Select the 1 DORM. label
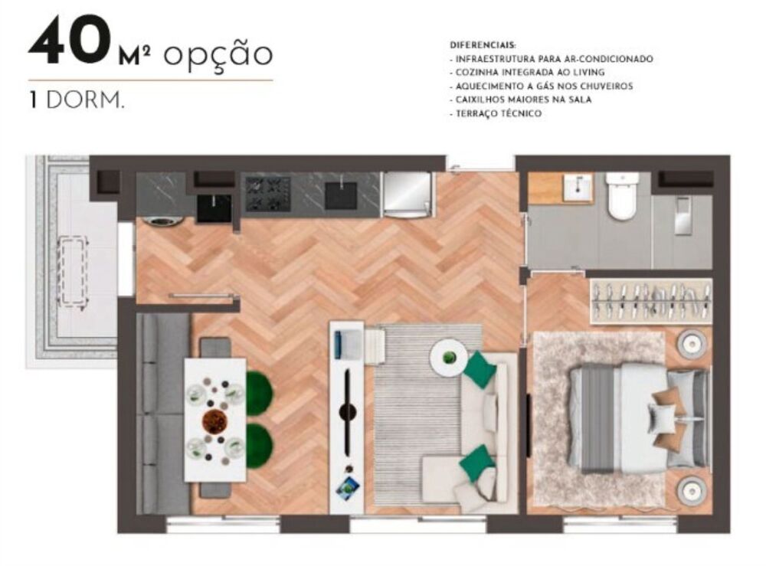pos(75,101)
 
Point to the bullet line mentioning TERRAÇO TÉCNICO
pos(497,113)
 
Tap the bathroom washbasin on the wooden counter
pos(578,186)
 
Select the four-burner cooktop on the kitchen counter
pos(267,194)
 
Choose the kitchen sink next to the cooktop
pos(341,195)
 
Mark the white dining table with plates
pos(214,419)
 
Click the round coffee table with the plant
pos(449,358)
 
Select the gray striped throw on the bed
pos(598,417)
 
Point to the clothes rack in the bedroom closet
pos(651,300)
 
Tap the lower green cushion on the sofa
pos(476,463)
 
